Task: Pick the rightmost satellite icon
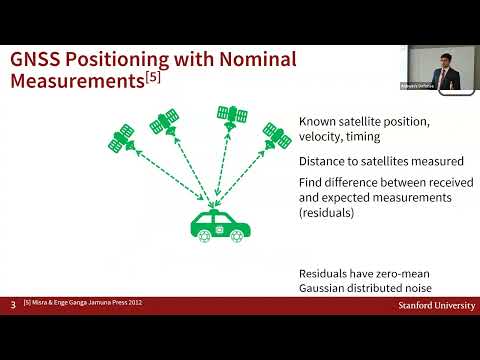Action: (x=275, y=132)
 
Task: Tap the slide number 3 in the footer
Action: (x=12, y=303)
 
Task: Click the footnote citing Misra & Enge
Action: (x=90, y=303)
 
